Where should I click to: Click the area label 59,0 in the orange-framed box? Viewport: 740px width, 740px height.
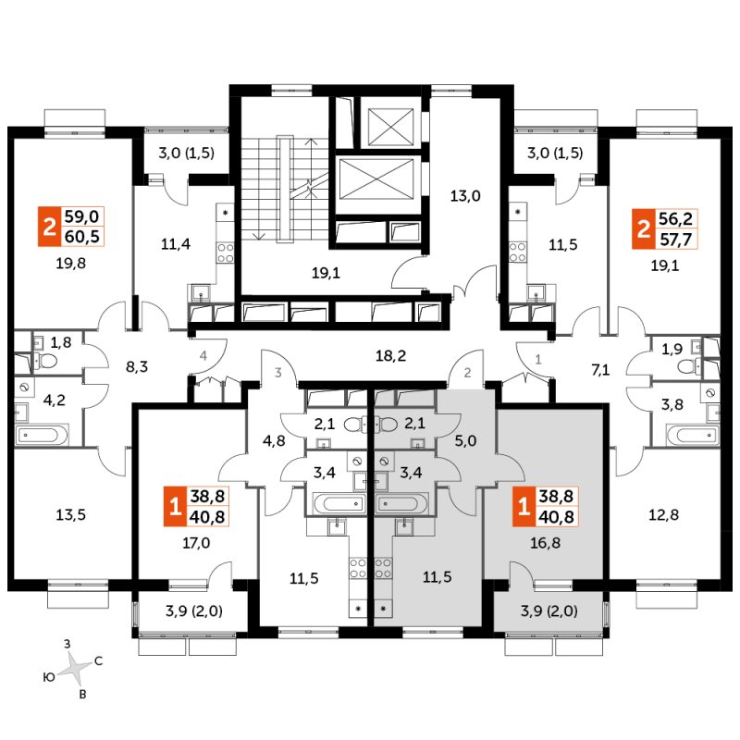click(x=81, y=216)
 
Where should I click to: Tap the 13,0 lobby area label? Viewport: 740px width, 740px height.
click(x=465, y=195)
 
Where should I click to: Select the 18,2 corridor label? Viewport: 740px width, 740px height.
click(x=390, y=355)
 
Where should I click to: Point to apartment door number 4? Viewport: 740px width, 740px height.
click(x=203, y=355)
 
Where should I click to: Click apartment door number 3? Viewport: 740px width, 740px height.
click(x=278, y=373)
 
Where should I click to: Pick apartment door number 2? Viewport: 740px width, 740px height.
click(x=467, y=373)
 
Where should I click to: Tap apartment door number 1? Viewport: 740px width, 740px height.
click(x=538, y=360)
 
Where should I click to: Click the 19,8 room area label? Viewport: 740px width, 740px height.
click(x=71, y=263)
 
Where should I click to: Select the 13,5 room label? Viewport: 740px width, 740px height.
click(x=71, y=514)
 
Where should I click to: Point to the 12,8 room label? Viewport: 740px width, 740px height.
click(x=663, y=514)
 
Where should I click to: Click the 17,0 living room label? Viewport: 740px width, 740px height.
click(x=196, y=543)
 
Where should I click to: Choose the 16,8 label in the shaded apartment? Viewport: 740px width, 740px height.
click(x=545, y=543)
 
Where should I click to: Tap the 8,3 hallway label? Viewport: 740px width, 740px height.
click(x=137, y=366)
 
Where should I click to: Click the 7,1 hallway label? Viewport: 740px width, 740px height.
click(x=600, y=369)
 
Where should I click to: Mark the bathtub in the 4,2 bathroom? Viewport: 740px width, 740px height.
click(x=42, y=435)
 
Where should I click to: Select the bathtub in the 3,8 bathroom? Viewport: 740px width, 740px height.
click(x=692, y=435)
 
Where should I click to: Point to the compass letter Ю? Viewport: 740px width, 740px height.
click(x=49, y=678)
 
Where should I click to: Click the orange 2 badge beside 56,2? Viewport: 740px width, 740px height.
click(x=644, y=229)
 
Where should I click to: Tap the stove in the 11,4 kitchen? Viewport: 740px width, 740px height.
click(x=226, y=253)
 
